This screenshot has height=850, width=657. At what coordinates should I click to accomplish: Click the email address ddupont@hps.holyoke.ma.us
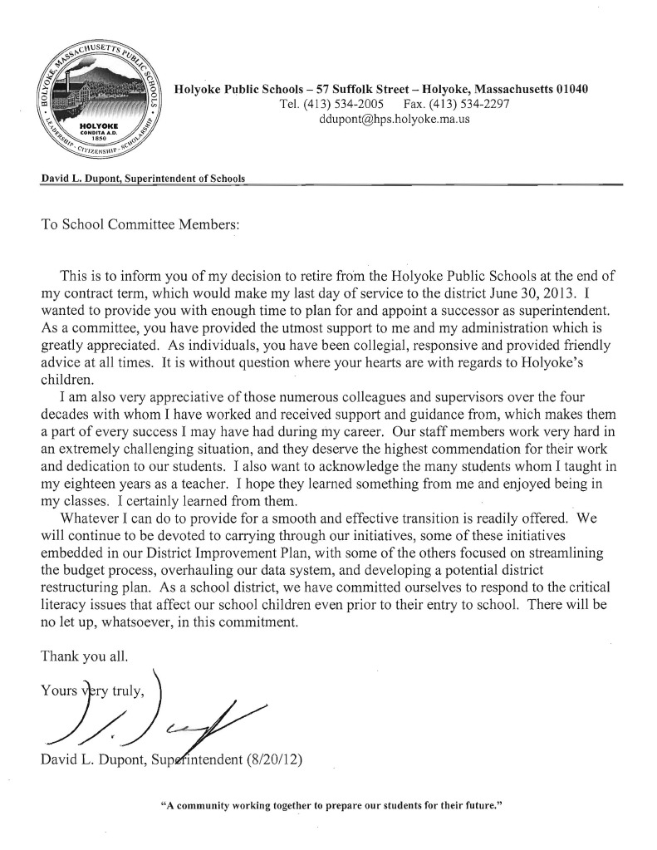point(395,120)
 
